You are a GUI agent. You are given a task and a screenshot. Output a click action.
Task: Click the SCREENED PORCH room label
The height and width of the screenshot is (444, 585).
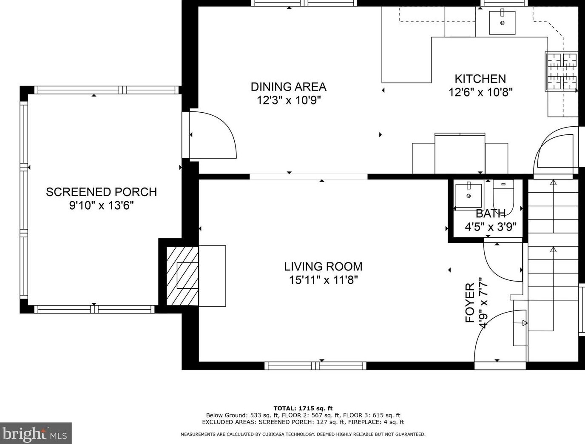[x=101, y=192]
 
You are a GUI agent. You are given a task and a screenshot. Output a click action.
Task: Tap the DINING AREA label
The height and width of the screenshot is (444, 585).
[x=289, y=87]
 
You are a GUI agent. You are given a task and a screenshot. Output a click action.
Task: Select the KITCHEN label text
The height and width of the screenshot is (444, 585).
[x=480, y=79]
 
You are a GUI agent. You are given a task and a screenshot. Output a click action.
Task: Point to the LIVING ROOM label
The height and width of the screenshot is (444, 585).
[x=323, y=267]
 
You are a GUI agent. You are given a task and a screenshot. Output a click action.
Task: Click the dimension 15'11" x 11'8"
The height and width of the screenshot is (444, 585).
[x=323, y=280]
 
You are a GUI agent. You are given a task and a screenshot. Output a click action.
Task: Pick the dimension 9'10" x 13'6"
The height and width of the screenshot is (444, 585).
[x=101, y=205]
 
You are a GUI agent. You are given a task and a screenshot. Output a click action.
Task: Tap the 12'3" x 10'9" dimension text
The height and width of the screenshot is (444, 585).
[x=289, y=100]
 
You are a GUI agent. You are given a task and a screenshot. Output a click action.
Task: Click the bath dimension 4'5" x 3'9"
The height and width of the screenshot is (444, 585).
[x=491, y=227]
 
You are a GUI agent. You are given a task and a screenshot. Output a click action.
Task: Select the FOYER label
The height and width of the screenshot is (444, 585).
[x=470, y=303]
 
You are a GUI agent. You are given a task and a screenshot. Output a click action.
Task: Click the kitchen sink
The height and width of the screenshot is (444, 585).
[x=502, y=23]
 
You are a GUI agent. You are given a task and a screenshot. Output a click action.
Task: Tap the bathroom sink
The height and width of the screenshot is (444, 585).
[x=469, y=196]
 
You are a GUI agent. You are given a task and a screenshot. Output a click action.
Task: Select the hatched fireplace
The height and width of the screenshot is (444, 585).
[x=182, y=276]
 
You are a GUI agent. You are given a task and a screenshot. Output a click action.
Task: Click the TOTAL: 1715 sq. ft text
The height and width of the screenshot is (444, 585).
[x=303, y=408]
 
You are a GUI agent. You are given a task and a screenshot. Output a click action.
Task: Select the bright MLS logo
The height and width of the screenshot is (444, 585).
[x=36, y=433]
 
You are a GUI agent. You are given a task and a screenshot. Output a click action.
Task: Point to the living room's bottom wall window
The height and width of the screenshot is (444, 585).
[x=315, y=366]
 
